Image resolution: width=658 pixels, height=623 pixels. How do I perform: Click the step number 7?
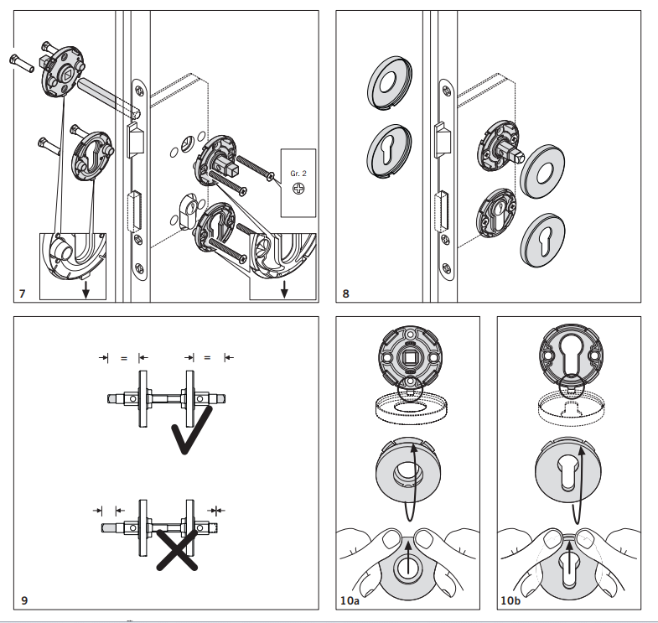pos(23,293)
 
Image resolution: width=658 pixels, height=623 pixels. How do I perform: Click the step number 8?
pos(346,293)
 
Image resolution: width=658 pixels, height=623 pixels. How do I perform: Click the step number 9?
pos(23,600)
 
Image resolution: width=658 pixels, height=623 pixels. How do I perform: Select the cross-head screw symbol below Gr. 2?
pos(298,190)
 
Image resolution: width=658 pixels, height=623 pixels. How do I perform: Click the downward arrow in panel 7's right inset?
pos(285,289)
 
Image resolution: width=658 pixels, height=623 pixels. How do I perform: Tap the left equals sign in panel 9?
pos(122,358)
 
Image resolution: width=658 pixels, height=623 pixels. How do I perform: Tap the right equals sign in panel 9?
pos(207,358)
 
